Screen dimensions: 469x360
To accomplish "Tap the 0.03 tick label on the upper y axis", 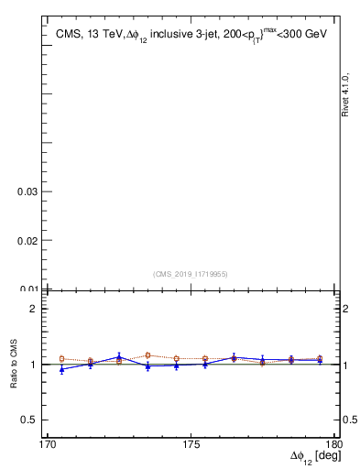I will (27, 191).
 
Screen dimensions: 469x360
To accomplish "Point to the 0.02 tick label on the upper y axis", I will (27, 240).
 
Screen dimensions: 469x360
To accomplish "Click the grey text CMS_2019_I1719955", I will (190, 273).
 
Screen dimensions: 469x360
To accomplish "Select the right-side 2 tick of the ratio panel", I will (345, 309).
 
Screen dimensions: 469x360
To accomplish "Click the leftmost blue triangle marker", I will (61, 369).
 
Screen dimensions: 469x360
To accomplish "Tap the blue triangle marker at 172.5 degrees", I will (119, 356).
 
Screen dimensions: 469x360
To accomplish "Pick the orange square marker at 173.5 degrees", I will (147, 354).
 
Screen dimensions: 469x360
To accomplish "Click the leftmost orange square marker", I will (61, 359).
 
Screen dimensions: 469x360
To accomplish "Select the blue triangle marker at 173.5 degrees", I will (147, 366).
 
